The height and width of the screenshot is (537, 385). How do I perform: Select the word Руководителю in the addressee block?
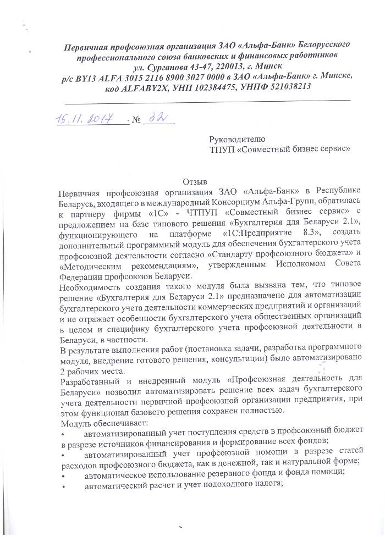[x=237, y=139]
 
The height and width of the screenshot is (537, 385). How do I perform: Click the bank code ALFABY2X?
[x=141, y=87]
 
